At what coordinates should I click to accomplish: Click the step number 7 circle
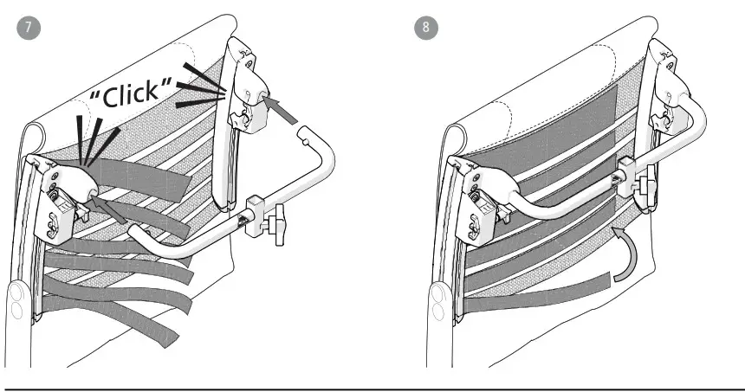click(x=29, y=27)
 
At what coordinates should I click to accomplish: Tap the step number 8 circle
click(x=426, y=27)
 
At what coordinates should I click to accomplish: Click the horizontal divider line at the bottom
click(x=372, y=377)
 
